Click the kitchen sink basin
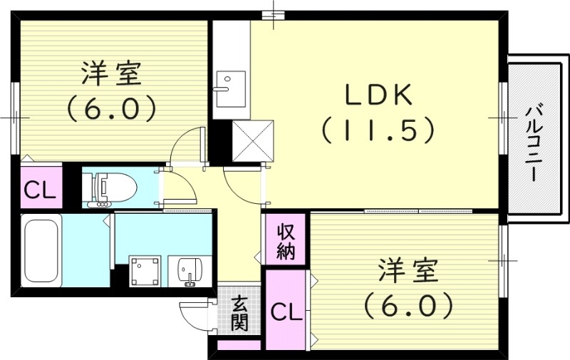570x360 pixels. click(229, 84)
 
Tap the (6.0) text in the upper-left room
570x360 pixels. click(112, 108)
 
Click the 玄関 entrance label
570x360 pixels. click(239, 313)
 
